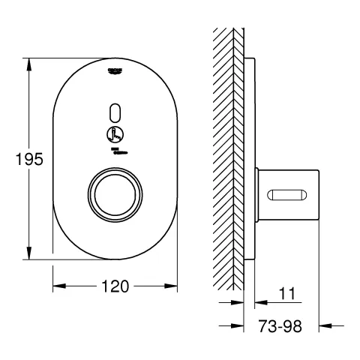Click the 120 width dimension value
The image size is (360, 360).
pos(115,286)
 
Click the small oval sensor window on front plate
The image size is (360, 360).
pos(115,110)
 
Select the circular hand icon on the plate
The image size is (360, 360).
pos(115,136)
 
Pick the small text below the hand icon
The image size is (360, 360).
pos(115,152)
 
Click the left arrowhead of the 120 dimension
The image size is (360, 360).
pos(57,286)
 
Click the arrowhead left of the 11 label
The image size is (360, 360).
pos(239,303)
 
